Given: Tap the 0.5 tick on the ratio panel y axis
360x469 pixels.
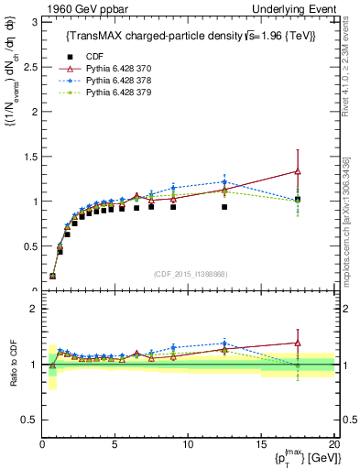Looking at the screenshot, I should pos(29,419).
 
